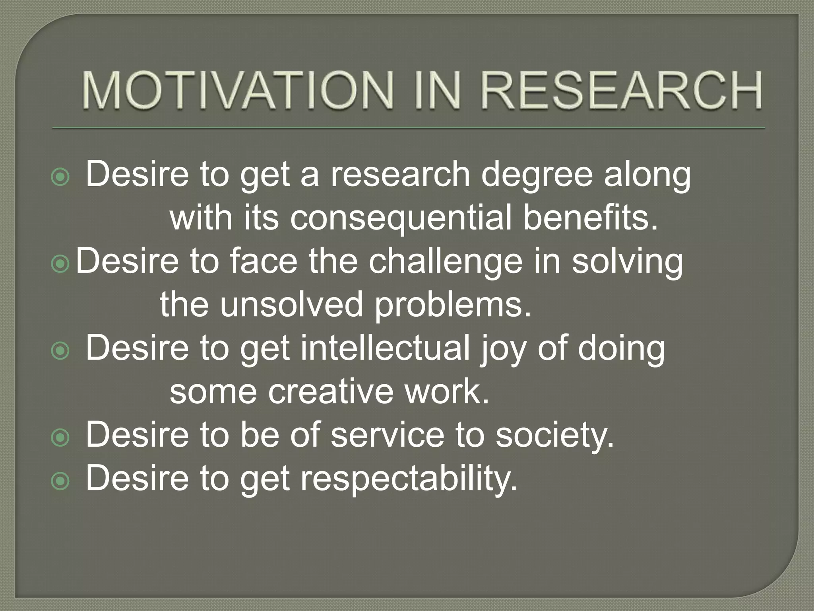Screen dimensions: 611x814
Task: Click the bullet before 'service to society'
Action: tap(60, 438)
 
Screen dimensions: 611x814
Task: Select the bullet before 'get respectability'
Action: tap(60, 482)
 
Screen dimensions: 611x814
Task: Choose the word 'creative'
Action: tap(331, 392)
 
